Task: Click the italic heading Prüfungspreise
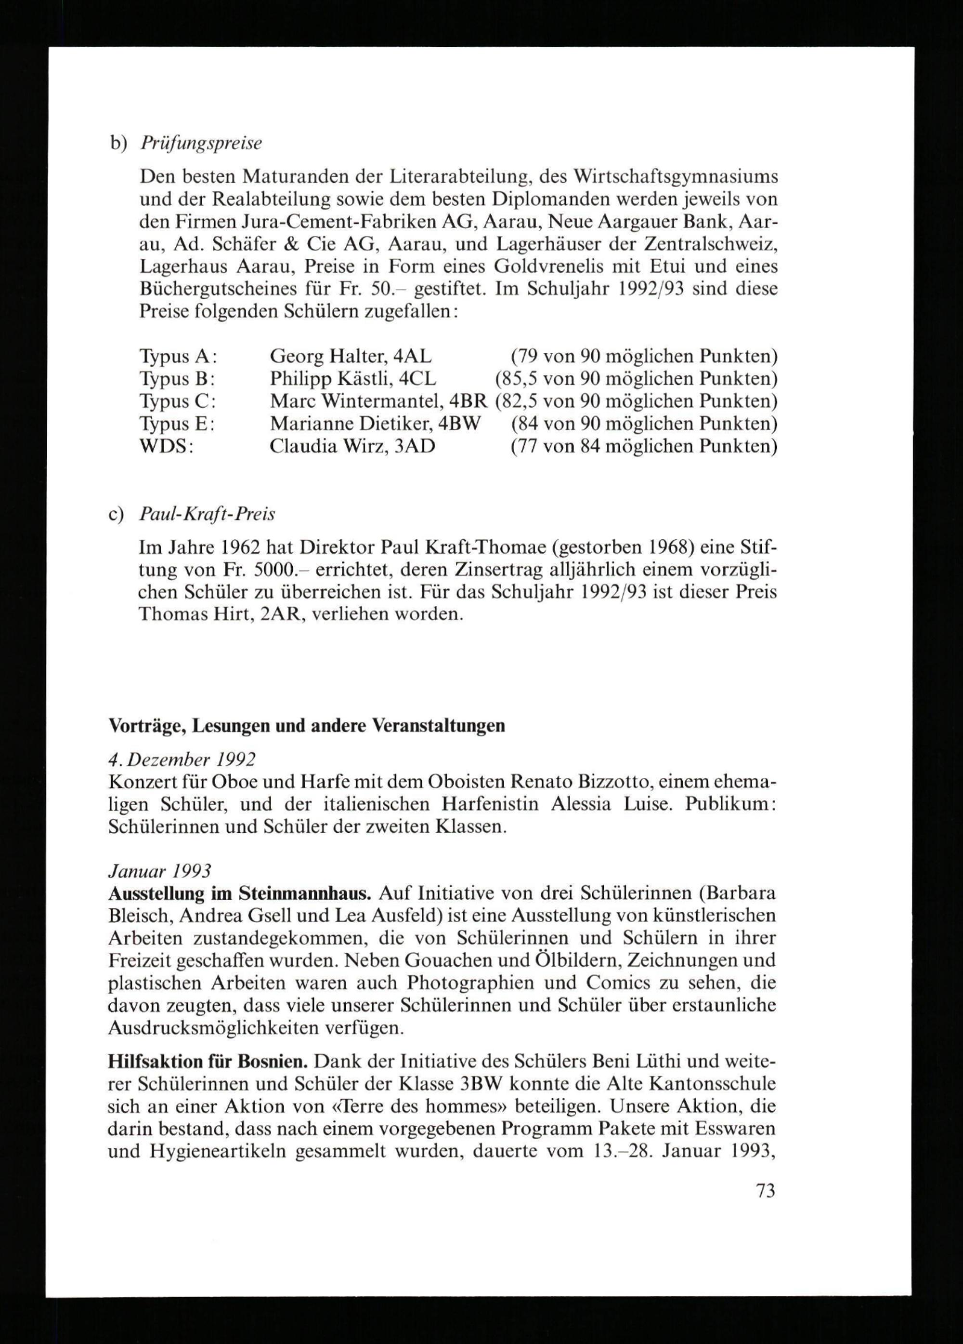(x=201, y=144)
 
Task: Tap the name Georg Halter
(x=327, y=356)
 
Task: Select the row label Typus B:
(x=177, y=379)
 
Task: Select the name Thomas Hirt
(x=194, y=614)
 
